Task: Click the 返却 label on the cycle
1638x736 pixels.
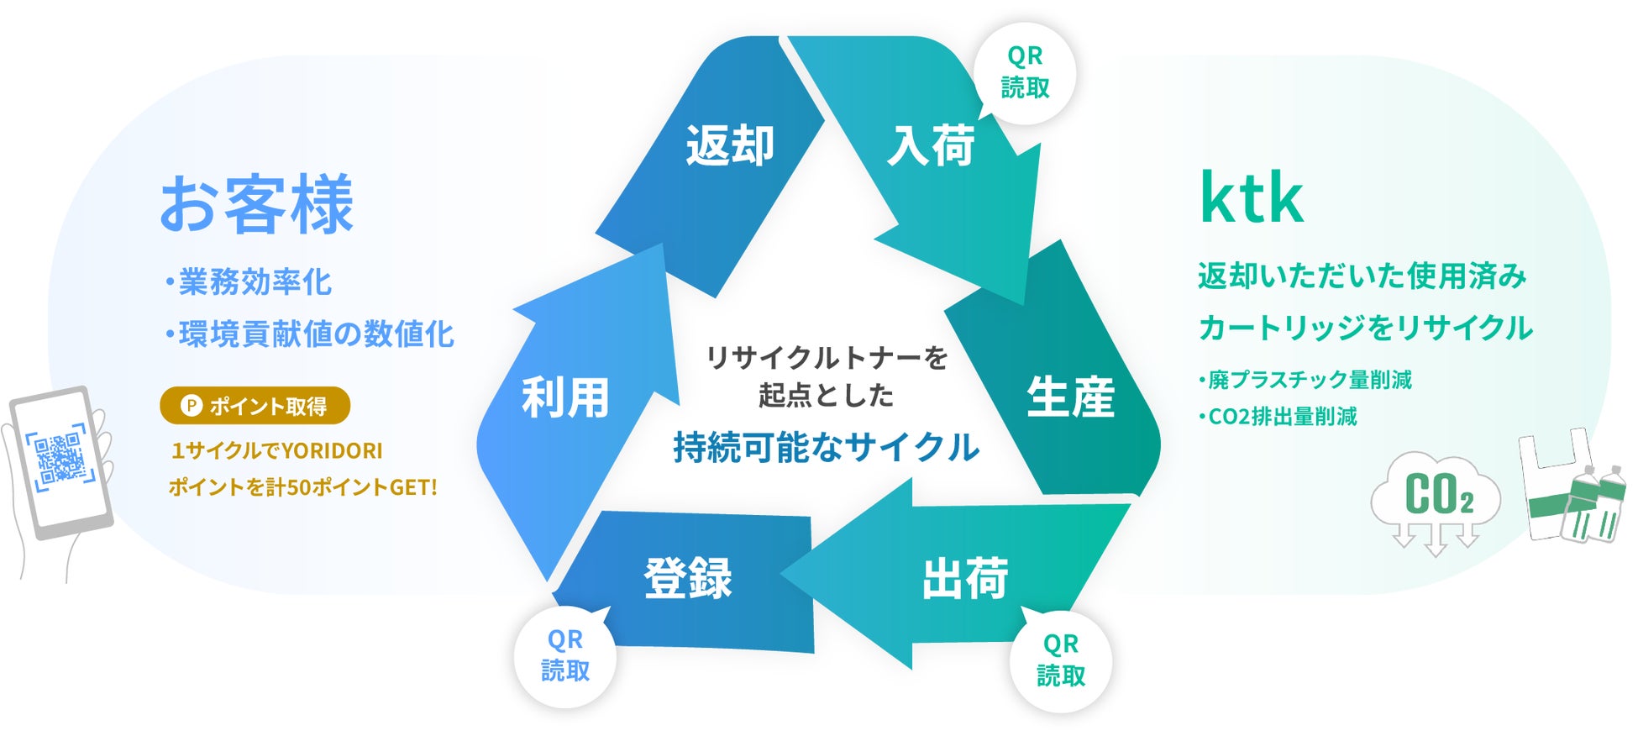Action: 729,145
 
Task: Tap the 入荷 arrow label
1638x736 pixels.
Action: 931,145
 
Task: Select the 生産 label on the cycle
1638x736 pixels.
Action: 1070,397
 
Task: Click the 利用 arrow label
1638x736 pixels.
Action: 564,397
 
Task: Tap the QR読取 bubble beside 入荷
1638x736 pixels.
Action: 1025,72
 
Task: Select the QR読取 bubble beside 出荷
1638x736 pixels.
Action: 1060,660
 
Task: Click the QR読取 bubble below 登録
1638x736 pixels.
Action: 564,656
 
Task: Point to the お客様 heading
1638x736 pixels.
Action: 257,205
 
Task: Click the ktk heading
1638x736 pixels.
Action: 1252,198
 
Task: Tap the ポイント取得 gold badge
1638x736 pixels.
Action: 255,406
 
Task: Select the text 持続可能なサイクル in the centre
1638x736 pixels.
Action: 826,447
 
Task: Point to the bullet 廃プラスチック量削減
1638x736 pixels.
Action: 1307,380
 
